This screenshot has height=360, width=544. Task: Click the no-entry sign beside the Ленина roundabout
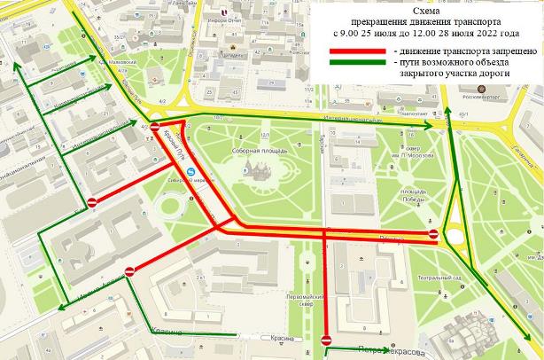(x=432, y=235)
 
